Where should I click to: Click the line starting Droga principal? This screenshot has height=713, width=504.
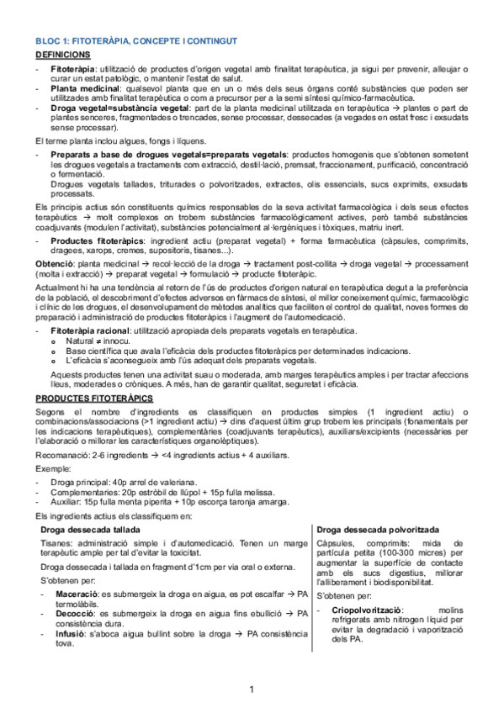122,482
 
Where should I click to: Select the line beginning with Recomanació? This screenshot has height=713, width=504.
162,455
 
